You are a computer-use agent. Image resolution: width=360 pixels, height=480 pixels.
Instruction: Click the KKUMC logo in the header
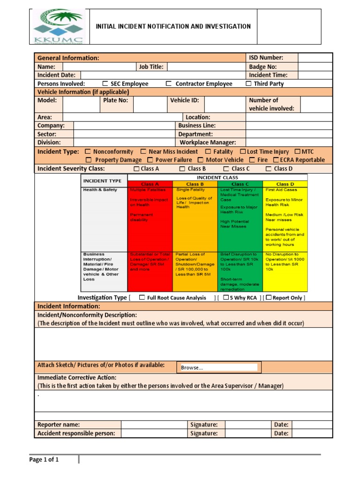(x=59, y=27)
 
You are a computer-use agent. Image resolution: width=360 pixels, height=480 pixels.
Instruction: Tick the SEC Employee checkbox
(x=105, y=84)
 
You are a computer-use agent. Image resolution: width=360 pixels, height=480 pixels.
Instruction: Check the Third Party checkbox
(x=248, y=84)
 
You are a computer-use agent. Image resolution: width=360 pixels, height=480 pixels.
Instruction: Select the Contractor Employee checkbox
(x=168, y=84)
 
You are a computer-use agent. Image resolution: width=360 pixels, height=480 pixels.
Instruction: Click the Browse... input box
(x=218, y=367)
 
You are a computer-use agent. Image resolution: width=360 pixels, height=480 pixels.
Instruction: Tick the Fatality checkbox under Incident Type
(x=208, y=152)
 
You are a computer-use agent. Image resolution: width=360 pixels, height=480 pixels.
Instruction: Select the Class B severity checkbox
(x=180, y=169)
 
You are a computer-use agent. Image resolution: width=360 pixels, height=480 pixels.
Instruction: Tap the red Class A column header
(x=150, y=184)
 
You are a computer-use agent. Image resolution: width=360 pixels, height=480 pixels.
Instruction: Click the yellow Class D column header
(x=285, y=184)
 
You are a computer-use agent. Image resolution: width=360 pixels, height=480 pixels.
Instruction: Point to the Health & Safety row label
(x=100, y=190)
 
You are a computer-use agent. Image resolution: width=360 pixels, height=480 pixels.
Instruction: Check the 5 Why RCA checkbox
(x=225, y=298)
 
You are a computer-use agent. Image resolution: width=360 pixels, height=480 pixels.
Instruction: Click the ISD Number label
(x=266, y=58)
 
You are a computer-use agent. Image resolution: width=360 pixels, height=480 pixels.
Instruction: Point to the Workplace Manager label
(x=208, y=142)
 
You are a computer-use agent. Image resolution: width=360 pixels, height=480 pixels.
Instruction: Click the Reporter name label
(x=59, y=425)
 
